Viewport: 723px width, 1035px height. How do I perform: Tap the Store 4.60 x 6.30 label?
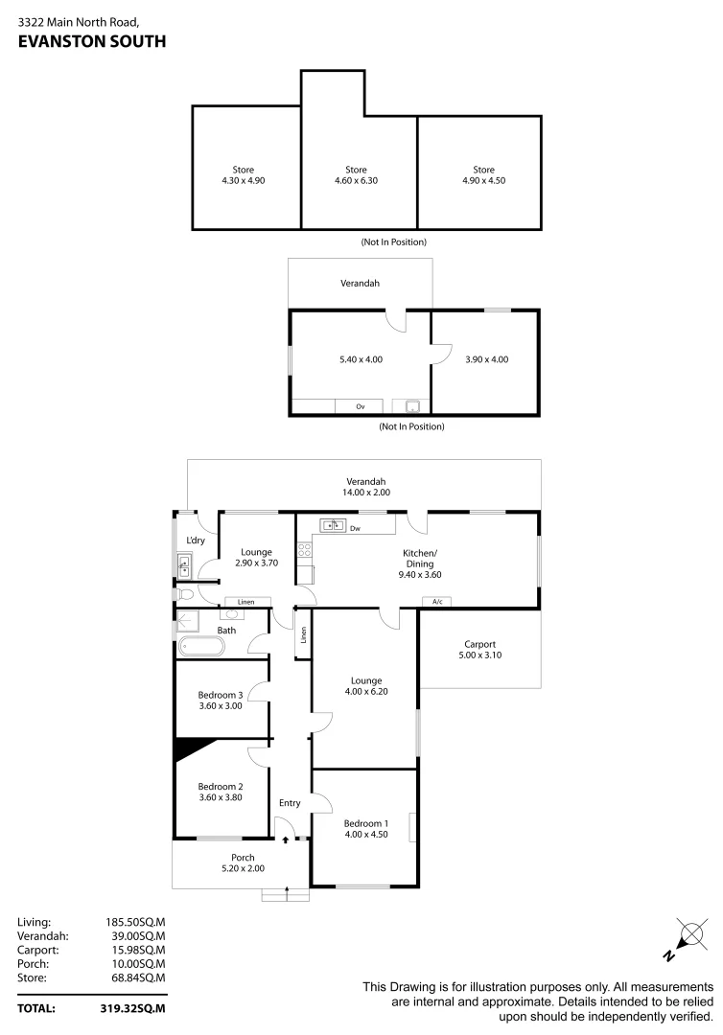(356, 175)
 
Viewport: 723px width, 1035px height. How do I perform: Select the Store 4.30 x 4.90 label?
(243, 174)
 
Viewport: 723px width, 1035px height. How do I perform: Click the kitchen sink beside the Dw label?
(332, 524)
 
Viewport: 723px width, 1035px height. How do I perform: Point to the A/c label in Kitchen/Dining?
(436, 602)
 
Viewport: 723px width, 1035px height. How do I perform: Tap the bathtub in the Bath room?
(199, 647)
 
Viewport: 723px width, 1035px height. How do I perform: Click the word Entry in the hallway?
(290, 803)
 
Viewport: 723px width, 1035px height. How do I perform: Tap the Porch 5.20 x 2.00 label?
(242, 862)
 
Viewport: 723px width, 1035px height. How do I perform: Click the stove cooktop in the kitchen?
(304, 550)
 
